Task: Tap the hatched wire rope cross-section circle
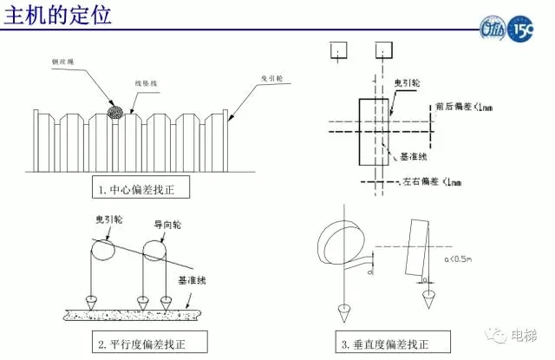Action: tap(114, 112)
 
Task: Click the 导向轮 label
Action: tap(166, 223)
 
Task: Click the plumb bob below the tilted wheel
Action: tap(428, 300)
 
